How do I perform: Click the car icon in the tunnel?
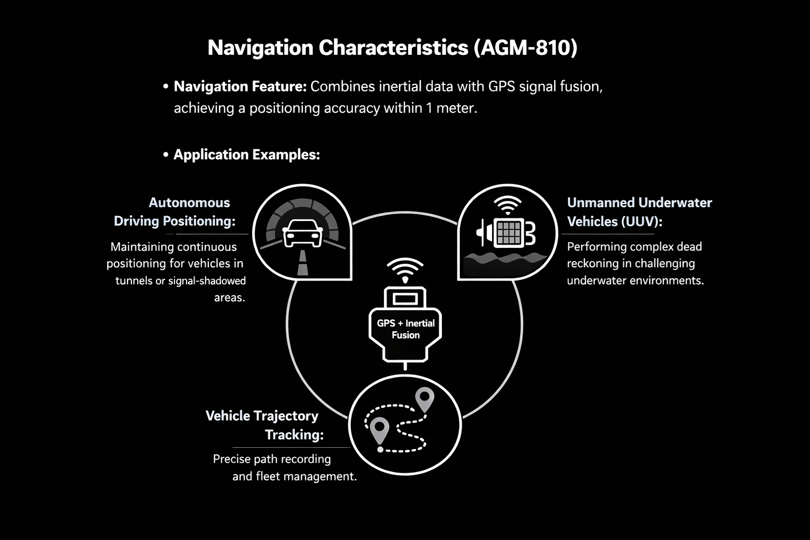pyautogui.click(x=303, y=233)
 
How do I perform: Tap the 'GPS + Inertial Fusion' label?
pyautogui.click(x=406, y=329)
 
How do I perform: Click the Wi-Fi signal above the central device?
pyautogui.click(x=405, y=270)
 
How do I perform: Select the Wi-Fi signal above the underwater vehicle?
pyautogui.click(x=507, y=205)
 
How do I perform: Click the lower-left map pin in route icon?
pyautogui.click(x=380, y=430)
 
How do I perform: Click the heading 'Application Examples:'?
pyautogui.click(x=247, y=155)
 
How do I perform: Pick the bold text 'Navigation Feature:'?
pyautogui.click(x=240, y=86)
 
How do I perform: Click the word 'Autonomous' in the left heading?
pyautogui.click(x=189, y=202)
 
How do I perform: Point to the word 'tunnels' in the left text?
pyautogui.click(x=133, y=281)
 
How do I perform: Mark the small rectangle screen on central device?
pyautogui.click(x=405, y=299)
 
